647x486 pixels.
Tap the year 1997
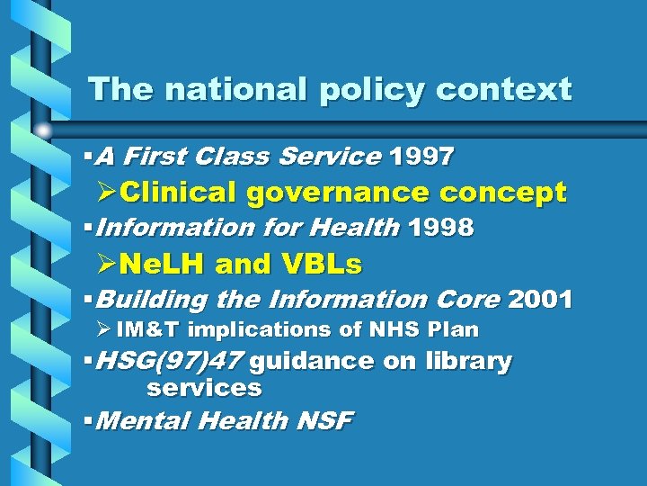421,157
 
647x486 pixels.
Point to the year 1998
440,228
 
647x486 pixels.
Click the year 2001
540,299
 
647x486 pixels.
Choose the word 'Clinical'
179,193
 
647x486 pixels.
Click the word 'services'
204,389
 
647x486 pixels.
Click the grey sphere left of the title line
43,131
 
